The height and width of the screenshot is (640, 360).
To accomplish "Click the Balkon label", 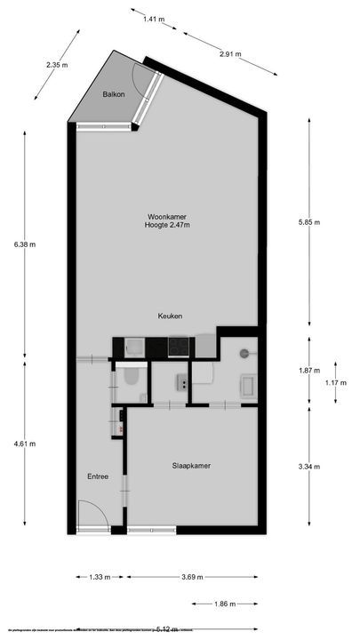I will click(113, 94).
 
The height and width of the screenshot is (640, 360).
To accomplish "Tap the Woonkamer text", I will click(167, 216).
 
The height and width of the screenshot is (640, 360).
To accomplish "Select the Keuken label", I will click(170, 316).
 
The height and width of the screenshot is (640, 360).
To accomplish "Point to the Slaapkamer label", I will click(191, 465).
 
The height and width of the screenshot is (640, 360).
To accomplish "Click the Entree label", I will click(98, 476).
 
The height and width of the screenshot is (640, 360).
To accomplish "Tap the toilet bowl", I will click(131, 379).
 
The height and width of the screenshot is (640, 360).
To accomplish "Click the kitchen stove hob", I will click(179, 346).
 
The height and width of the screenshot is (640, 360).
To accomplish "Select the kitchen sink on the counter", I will click(135, 346).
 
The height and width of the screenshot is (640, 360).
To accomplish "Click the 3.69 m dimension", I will click(191, 577).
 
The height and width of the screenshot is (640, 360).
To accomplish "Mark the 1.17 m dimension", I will click(334, 382).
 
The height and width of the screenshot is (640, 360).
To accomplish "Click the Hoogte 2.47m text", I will click(167, 226).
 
